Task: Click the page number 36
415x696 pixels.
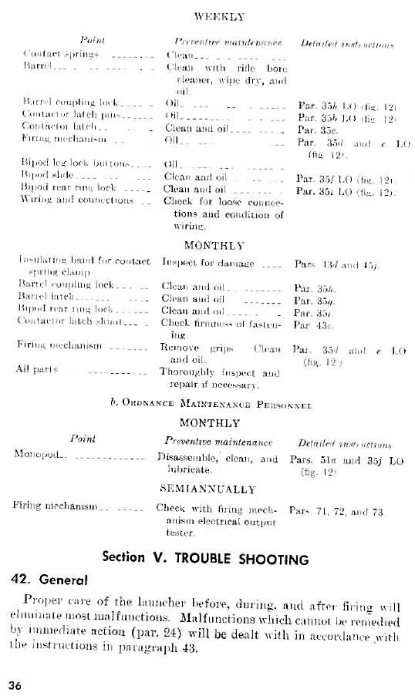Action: pyautogui.click(x=16, y=684)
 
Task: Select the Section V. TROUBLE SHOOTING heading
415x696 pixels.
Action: pyautogui.click(x=206, y=559)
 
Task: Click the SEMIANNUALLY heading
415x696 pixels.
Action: pyautogui.click(x=208, y=489)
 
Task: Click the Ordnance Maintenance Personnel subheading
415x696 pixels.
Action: pyautogui.click(x=207, y=403)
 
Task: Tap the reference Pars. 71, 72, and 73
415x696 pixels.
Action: pyautogui.click(x=336, y=510)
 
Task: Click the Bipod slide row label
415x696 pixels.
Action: pyautogui.click(x=48, y=177)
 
